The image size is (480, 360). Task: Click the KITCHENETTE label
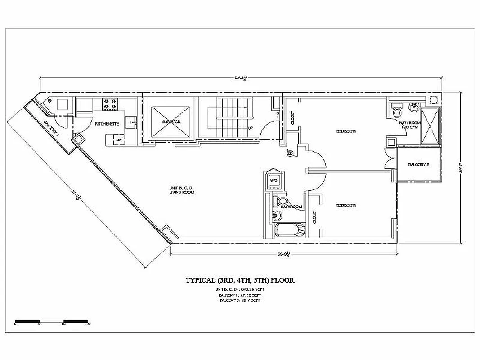coord(107,124)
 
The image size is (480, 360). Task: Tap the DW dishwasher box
coord(118,140)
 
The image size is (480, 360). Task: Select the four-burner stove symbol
coord(109,105)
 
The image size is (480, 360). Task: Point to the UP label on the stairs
coord(250,128)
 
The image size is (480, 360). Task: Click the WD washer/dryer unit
coord(273,180)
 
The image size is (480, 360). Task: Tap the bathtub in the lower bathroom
coord(289,230)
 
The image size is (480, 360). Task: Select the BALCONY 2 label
coord(418,165)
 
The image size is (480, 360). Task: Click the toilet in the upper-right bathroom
coord(397,111)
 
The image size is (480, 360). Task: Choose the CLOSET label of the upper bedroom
coord(292,117)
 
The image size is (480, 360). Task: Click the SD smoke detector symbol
coord(290,153)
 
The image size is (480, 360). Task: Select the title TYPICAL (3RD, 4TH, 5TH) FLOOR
coord(240,280)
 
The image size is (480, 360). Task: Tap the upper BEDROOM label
coord(346,131)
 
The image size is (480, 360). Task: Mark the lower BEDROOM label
coord(346,205)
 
